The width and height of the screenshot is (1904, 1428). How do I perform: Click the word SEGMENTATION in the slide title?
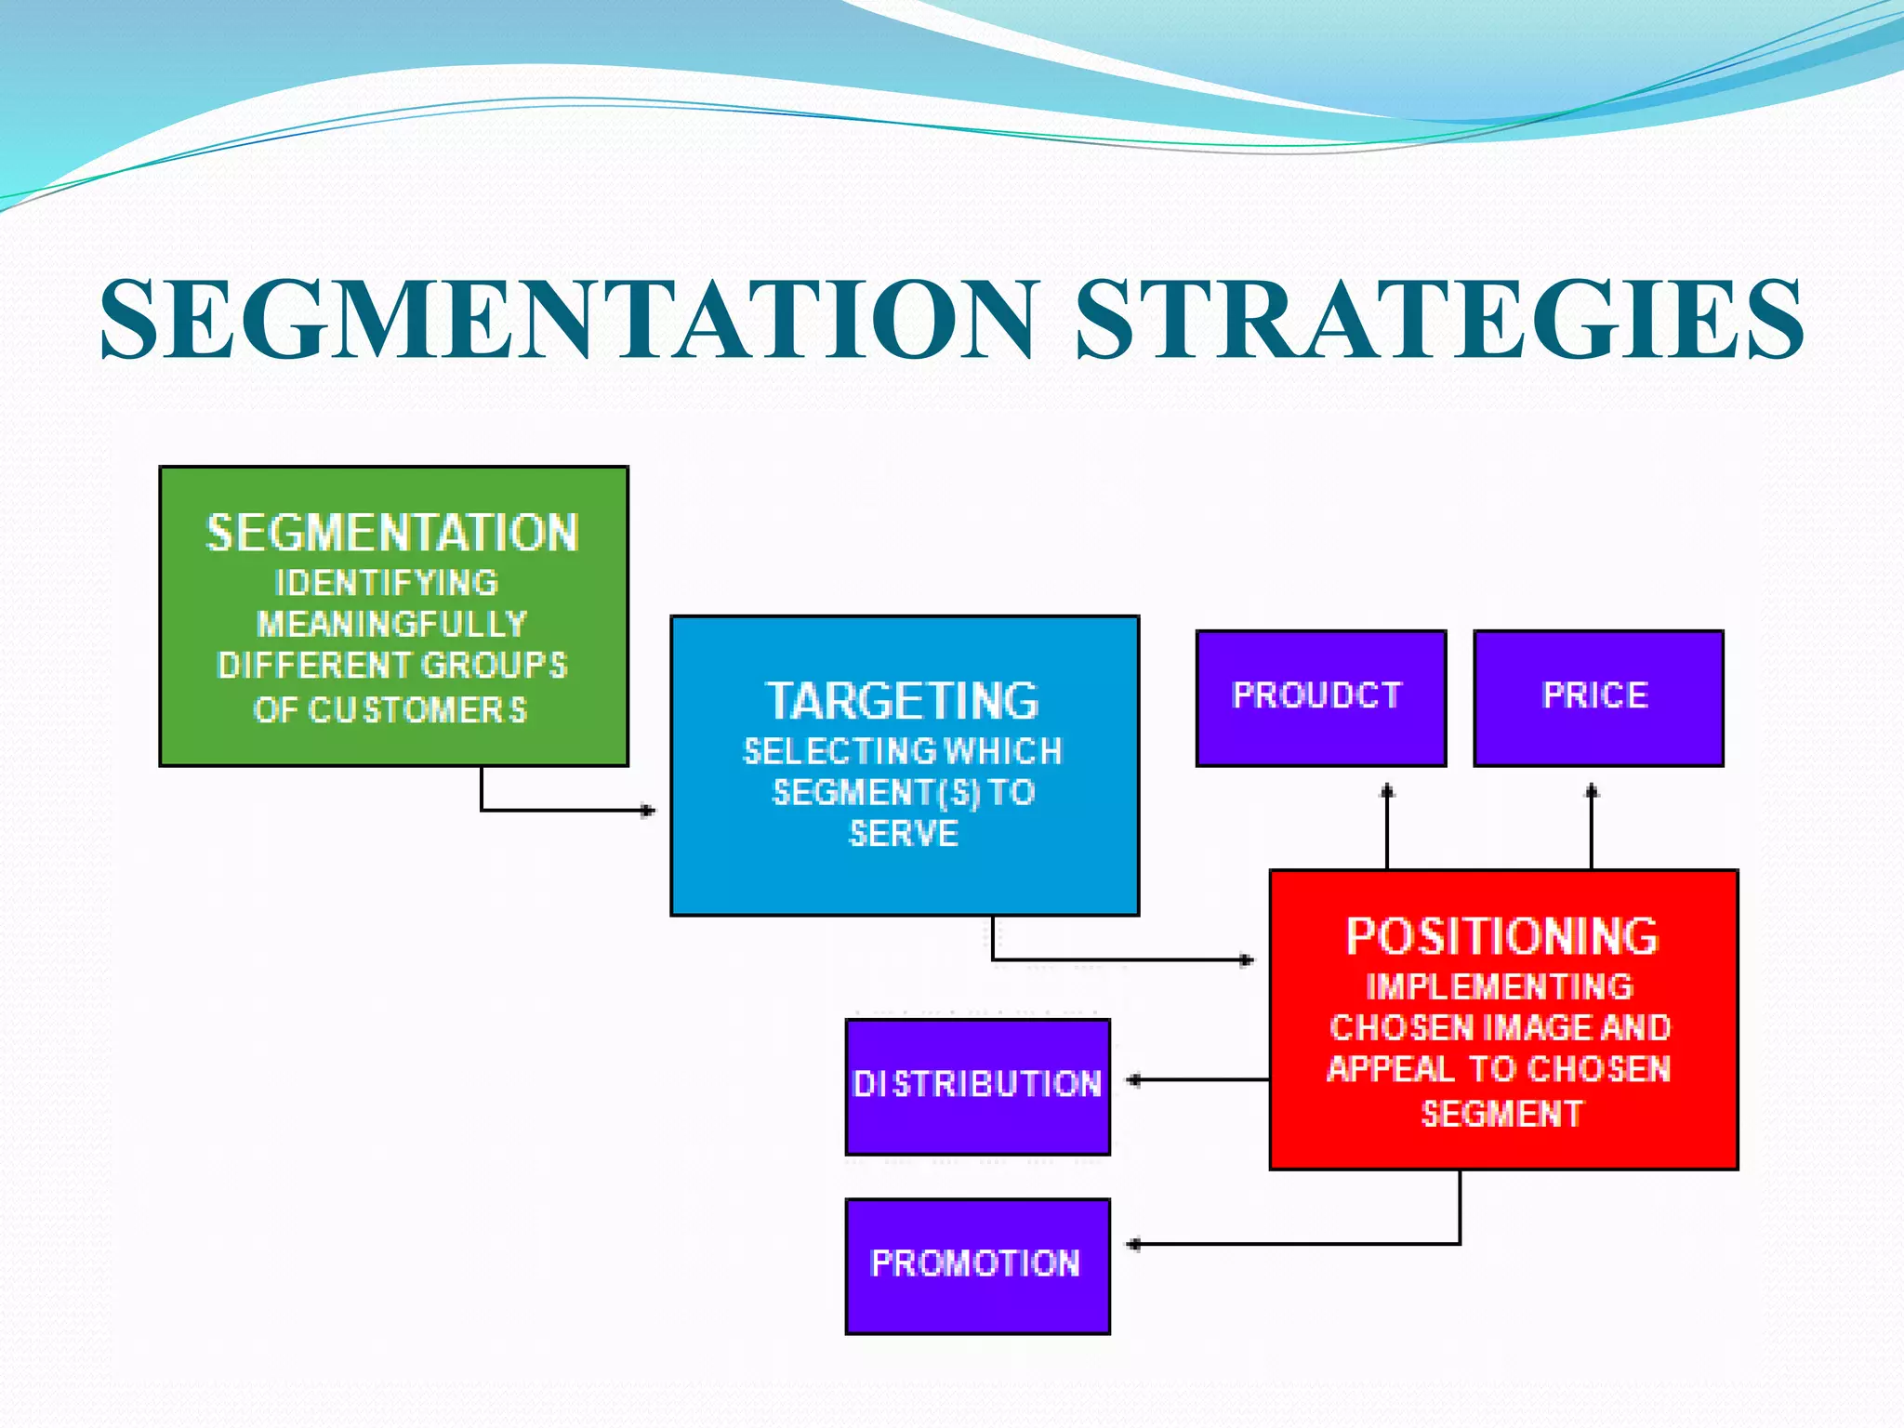click(567, 319)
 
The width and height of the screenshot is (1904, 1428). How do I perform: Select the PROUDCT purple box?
click(1320, 697)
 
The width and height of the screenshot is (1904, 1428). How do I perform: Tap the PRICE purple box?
click(1597, 697)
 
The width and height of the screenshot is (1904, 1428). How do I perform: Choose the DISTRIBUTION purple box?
click(977, 1086)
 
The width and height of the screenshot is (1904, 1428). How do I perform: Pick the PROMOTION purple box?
click(977, 1265)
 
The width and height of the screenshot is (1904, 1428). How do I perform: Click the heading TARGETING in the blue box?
click(903, 702)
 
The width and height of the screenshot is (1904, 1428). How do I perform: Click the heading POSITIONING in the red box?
click(1502, 937)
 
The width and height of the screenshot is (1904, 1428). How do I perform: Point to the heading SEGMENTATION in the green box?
click(392, 534)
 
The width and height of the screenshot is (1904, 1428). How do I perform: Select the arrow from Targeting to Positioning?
click(1116, 959)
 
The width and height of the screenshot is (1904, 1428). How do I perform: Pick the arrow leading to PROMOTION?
click(1302, 1243)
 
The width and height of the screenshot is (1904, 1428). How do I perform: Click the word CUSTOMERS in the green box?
click(417, 710)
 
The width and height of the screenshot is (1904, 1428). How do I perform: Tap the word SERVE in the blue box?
click(904, 834)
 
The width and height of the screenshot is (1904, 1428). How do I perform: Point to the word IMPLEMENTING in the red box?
click(1500, 986)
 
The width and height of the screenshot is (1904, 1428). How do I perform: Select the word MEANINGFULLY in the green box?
click(392, 624)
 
